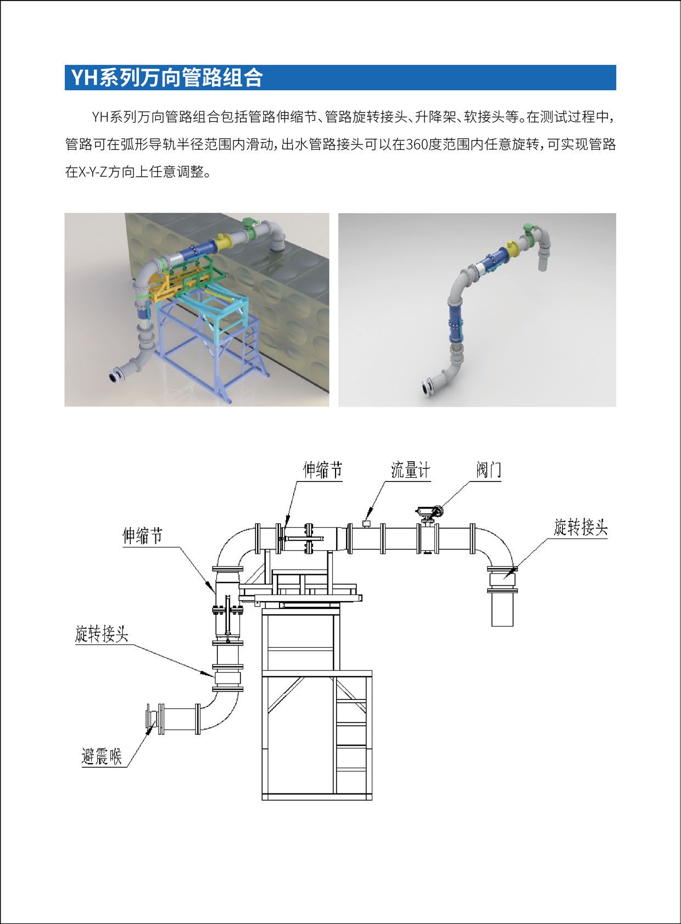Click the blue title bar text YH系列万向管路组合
167,77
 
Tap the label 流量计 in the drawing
410,470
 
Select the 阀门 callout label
488,470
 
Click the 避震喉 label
102,757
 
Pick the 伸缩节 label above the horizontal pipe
322,470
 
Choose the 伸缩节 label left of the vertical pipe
142,536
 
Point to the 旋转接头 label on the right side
580,527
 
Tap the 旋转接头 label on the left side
102,633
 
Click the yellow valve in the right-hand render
512,249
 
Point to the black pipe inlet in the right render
426,389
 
